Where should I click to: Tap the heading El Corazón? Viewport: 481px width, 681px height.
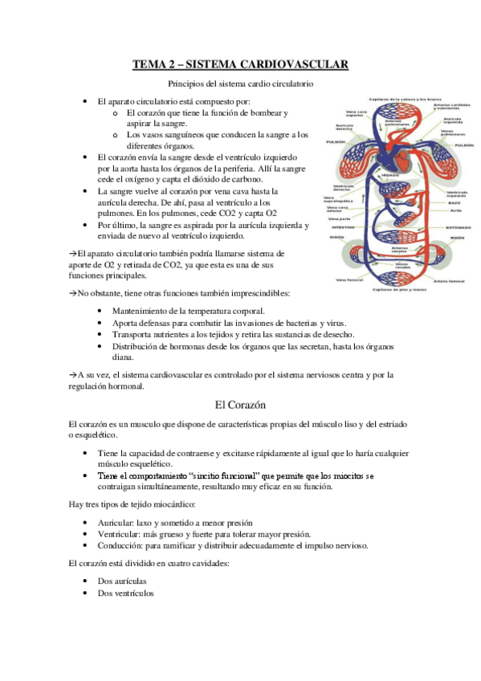pyautogui.click(x=240, y=405)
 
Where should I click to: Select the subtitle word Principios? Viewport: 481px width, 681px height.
pyautogui.click(x=187, y=84)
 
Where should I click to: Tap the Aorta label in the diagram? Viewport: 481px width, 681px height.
pyautogui.click(x=455, y=210)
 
